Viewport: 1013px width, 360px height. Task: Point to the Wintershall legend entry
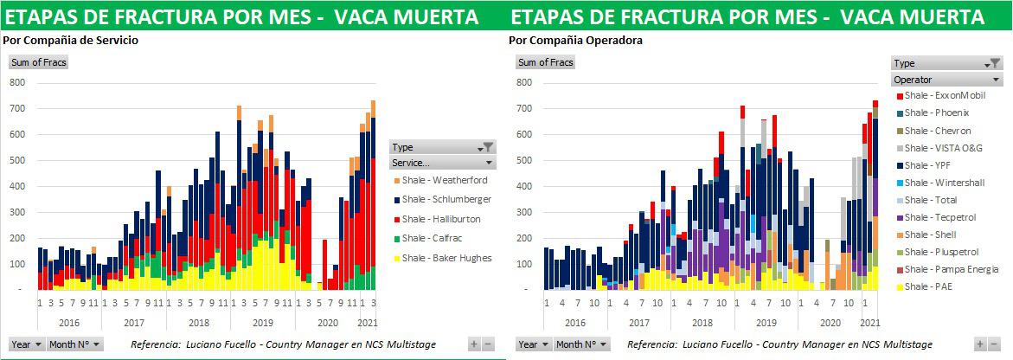point(945,183)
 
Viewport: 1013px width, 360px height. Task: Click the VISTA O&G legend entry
point(945,148)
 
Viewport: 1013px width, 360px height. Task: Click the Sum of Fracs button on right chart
point(545,62)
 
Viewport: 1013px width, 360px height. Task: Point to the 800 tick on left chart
point(17,82)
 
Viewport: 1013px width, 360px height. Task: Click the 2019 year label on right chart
point(766,323)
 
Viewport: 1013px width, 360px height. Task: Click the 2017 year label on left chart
point(134,323)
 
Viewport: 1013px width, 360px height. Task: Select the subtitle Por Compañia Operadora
point(575,40)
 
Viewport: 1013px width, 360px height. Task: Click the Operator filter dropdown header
point(946,80)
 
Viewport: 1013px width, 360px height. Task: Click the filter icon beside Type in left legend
point(488,147)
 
